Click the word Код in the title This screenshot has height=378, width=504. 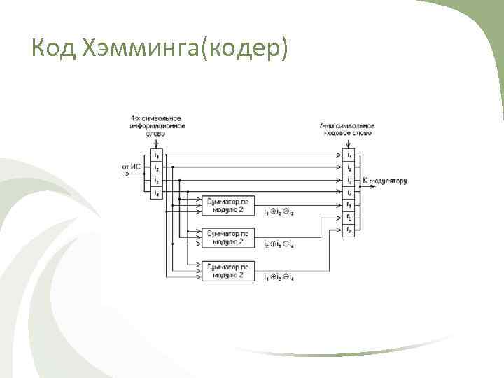pos(55,48)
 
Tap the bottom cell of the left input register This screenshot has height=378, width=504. pos(157,192)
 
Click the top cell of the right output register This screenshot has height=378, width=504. pos(349,154)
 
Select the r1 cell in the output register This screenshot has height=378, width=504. pos(349,204)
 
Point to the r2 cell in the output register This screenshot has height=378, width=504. pos(349,218)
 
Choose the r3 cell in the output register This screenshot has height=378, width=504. pos(349,230)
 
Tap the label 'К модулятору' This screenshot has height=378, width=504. pos(384,181)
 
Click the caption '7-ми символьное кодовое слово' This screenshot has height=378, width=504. pos(346,129)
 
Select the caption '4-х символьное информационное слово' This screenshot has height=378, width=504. pos(157,125)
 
